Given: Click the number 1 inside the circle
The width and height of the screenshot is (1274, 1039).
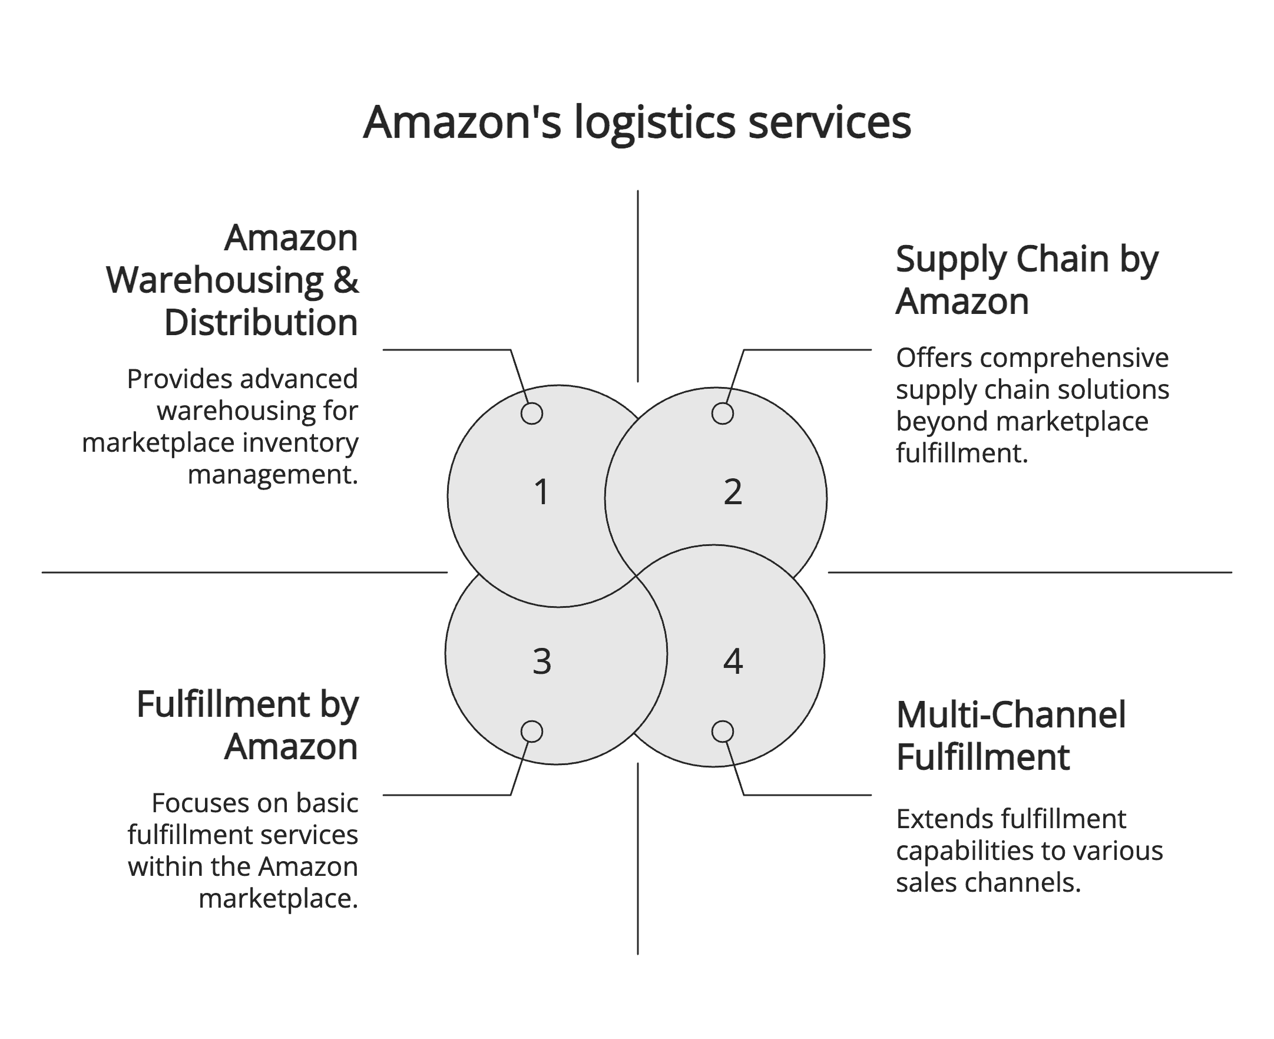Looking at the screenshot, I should click(x=541, y=492).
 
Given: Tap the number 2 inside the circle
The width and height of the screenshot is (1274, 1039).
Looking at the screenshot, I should click(x=733, y=492).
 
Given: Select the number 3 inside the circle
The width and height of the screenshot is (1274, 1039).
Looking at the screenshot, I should click(x=541, y=662).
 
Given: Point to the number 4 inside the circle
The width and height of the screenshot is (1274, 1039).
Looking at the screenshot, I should click(x=733, y=662).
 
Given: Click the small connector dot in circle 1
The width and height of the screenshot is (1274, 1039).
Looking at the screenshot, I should click(x=531, y=413).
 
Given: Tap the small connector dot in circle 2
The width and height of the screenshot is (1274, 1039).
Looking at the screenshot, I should click(x=722, y=413).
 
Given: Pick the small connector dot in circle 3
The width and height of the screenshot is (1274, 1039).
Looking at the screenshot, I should click(x=531, y=732).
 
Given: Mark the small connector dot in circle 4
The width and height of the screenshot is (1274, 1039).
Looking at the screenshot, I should click(x=722, y=732).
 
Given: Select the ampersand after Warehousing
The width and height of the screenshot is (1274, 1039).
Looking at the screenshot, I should click(x=346, y=280).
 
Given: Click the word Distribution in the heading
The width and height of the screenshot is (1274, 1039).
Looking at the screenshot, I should click(x=261, y=323).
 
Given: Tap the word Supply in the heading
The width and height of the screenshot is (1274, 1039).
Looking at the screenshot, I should click(x=951, y=261).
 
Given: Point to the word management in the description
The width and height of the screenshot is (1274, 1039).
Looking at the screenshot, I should click(x=273, y=475).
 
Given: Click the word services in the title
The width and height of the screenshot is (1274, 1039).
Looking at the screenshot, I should click(x=829, y=123).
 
